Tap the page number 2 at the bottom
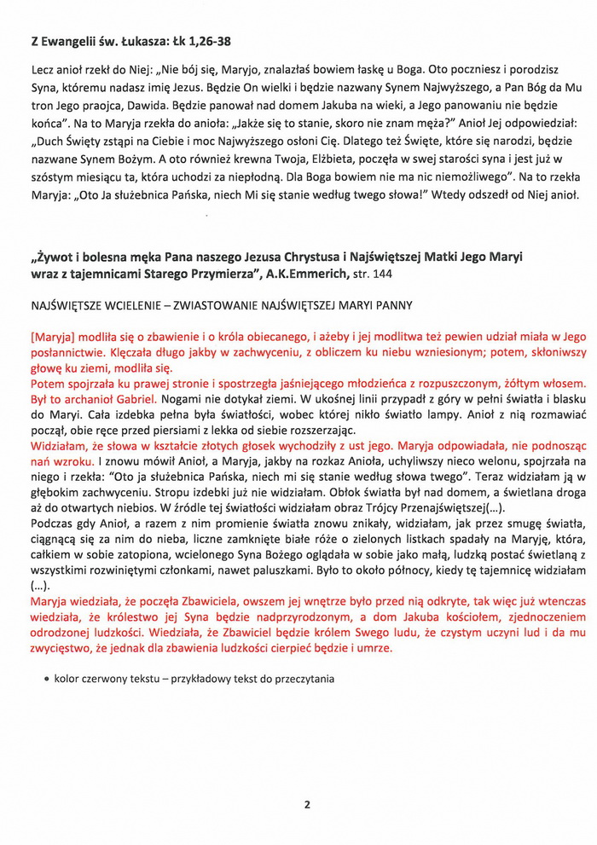(x=306, y=803)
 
